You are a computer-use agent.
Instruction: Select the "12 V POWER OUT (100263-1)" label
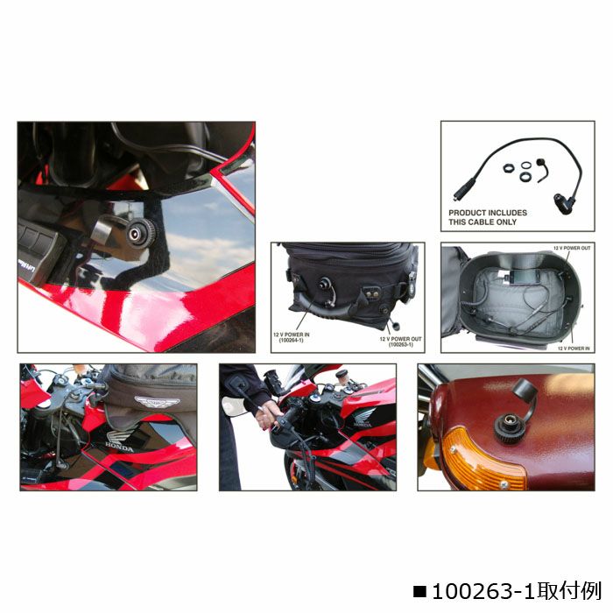400,341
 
